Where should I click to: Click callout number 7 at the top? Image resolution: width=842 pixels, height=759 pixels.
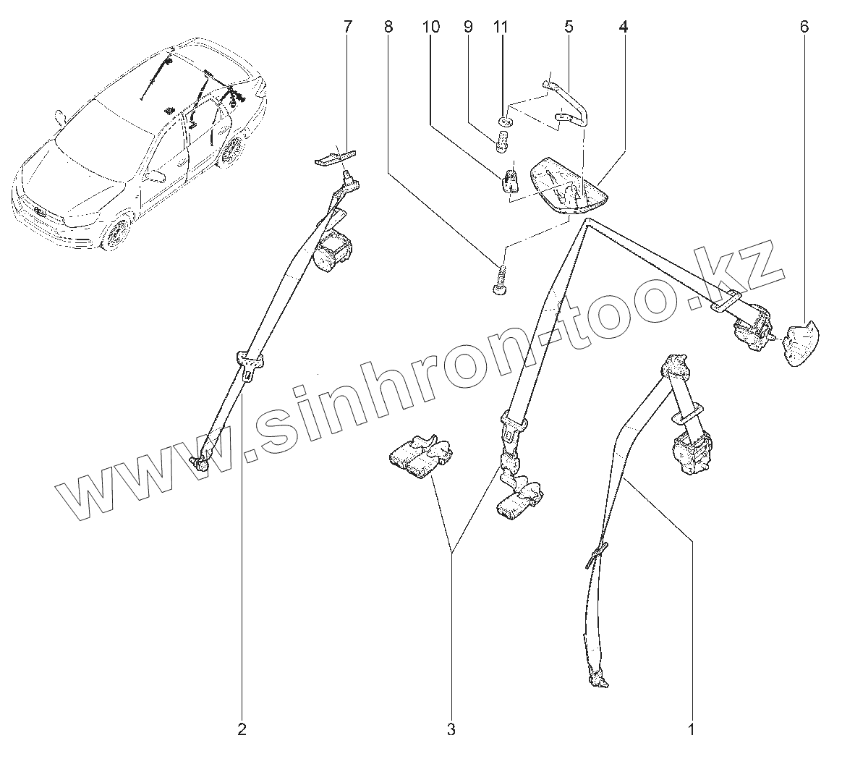tap(348, 27)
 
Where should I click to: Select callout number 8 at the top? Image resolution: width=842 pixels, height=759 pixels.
tap(388, 27)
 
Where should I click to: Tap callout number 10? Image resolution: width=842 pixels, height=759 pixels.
tap(430, 27)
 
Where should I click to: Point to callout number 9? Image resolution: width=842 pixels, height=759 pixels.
tap(467, 27)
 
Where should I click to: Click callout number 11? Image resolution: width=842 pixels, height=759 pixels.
tap(501, 27)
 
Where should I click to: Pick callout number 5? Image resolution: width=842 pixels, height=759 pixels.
tap(568, 27)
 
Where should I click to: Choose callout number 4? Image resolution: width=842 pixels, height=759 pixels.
tap(623, 27)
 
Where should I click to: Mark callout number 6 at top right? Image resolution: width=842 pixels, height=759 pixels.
tap(804, 27)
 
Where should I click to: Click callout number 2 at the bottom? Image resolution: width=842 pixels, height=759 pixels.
tap(242, 729)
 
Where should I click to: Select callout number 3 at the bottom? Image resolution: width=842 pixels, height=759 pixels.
tap(451, 729)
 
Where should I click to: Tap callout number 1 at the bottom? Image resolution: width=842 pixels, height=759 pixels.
tap(691, 729)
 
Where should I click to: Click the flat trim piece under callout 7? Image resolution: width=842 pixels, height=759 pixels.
tap(336, 157)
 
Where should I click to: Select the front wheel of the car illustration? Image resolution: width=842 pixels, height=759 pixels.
tap(115, 233)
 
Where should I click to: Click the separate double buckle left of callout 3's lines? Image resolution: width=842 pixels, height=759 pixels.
tap(418, 458)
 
